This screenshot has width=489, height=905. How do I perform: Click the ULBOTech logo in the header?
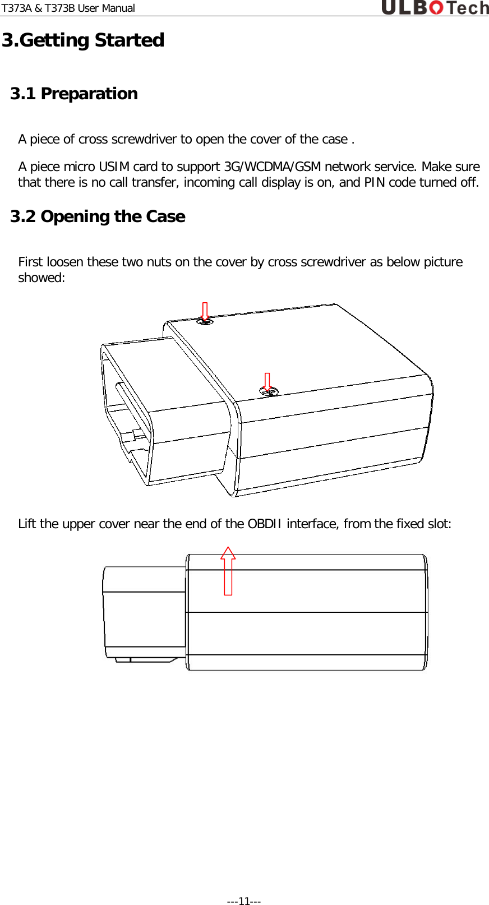coord(435,8)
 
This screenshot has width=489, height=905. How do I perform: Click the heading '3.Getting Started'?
coord(83,40)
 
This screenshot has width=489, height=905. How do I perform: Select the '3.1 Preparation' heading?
coord(74,94)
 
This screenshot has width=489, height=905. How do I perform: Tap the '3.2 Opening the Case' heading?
coord(98,216)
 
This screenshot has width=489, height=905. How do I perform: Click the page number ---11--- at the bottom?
coord(243,901)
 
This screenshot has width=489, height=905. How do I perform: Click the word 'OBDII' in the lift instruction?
coord(265,524)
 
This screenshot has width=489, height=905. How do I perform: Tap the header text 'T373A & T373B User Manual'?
coord(68,8)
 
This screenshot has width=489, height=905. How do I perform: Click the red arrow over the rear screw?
coord(205,311)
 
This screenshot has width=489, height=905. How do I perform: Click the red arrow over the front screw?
coord(267,382)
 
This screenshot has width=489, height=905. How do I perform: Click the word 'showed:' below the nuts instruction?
coord(41,278)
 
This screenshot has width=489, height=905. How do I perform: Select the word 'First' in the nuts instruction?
coord(31,262)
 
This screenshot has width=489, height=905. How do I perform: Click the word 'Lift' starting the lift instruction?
coord(27,524)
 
